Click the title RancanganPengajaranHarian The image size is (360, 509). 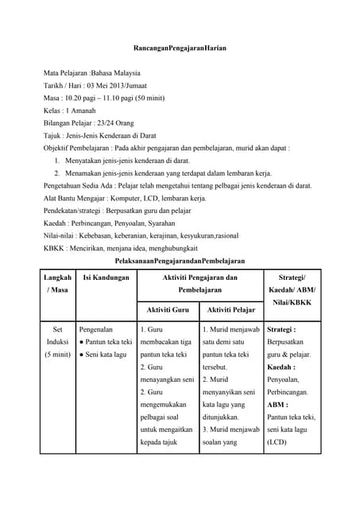(180, 49)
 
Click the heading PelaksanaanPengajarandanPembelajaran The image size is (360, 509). (180, 260)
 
